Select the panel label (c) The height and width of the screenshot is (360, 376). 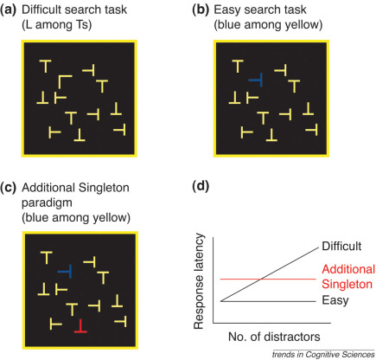click(13, 189)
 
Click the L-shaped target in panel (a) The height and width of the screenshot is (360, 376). click(64, 83)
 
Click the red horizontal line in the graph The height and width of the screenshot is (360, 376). click(259, 279)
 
